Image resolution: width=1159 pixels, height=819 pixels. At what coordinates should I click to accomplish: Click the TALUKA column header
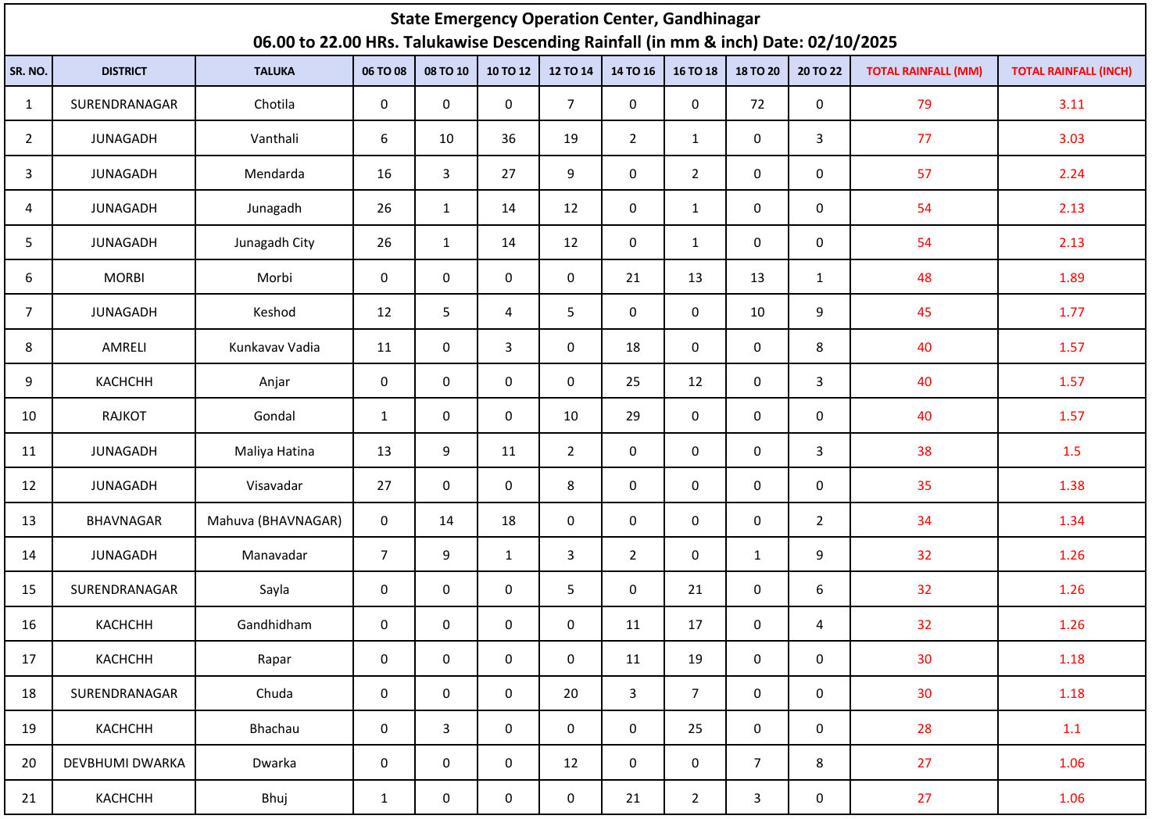coord(274,71)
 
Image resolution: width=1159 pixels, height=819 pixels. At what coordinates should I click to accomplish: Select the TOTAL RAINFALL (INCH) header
coord(1071,71)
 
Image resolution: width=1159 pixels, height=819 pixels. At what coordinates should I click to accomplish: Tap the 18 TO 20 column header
coord(757,71)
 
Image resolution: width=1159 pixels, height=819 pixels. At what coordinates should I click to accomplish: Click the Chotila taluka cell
coord(274,104)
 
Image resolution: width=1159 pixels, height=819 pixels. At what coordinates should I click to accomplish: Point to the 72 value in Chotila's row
coord(757,104)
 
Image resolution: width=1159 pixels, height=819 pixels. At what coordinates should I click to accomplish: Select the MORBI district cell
coord(124,277)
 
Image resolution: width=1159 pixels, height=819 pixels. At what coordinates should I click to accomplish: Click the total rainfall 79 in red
coord(925,104)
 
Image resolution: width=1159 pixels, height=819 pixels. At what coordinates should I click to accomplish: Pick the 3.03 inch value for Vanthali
coord(1071,138)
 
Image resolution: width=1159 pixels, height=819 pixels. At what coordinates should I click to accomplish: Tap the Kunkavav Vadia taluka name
coord(274,347)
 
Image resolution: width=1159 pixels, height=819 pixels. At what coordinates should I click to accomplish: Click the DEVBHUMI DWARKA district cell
coord(124,763)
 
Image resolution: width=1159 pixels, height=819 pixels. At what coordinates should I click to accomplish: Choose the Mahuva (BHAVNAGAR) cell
coord(274,520)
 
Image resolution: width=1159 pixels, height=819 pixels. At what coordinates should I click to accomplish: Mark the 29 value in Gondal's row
coord(633,416)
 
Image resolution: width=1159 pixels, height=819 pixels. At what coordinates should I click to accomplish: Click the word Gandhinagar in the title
coord(711,19)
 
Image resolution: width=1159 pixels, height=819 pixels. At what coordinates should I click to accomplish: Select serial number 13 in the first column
coord(29,520)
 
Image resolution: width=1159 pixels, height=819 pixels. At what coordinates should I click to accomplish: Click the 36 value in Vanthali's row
coord(509,138)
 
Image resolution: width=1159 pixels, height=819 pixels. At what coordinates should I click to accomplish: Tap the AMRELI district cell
coord(124,347)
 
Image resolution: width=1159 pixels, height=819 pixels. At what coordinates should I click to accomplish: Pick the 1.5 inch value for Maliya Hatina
coord(1071,451)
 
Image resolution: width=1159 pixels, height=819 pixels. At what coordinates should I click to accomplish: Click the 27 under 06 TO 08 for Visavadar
coord(385,485)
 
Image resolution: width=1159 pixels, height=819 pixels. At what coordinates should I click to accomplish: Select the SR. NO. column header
coord(29,71)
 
